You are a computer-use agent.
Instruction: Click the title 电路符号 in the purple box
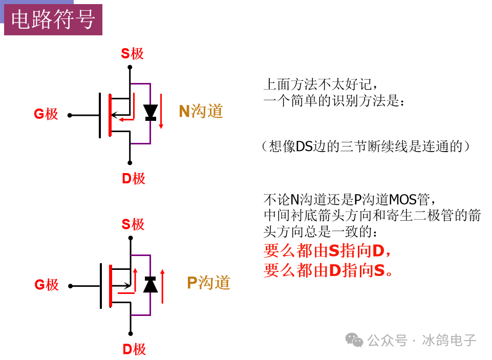coord(53,19)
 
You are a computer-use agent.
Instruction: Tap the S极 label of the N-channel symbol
coord(133,54)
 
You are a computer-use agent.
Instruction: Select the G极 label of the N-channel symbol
coord(46,114)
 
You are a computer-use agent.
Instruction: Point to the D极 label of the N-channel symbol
coord(133,179)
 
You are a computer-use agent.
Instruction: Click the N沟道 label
coord(201,111)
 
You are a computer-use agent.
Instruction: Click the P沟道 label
coord(209,283)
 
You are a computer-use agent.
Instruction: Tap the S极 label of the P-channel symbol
coord(133,224)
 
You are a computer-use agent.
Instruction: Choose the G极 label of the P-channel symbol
coord(47,285)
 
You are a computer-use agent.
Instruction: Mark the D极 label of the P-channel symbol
coord(134,349)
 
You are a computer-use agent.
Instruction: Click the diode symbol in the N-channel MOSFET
coord(151,113)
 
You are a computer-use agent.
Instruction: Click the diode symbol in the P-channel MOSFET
coord(151,284)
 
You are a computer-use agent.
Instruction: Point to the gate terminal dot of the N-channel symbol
coord(70,116)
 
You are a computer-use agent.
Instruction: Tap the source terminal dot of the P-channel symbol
coord(131,238)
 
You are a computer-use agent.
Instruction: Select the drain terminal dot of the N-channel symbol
coord(130,163)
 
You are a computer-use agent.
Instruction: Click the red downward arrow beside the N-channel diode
coord(161,112)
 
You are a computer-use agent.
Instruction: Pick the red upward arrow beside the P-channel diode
coord(162,286)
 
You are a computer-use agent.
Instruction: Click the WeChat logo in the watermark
coord(354,340)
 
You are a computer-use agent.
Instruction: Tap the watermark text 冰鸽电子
coord(449,340)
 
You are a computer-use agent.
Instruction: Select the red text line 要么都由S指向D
coord(327,251)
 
